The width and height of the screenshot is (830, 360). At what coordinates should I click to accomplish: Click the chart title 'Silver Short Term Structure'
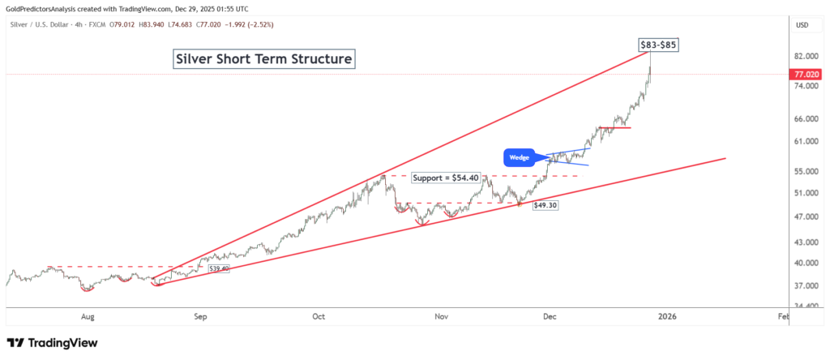click(x=264, y=60)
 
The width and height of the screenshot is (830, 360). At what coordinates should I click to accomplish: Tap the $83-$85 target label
click(x=657, y=45)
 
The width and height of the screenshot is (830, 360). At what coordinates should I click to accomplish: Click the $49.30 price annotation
click(x=545, y=206)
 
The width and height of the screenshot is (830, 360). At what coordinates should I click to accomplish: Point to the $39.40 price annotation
click(x=219, y=268)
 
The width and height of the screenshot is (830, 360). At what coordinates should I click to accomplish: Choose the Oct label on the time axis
click(x=319, y=319)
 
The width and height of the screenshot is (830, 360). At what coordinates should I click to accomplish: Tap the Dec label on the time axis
click(x=549, y=319)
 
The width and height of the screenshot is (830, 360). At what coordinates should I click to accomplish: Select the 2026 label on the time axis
click(x=666, y=319)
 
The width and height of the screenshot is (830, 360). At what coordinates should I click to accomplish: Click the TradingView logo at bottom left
click(x=52, y=343)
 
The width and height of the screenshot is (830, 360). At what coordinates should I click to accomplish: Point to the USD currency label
click(x=802, y=25)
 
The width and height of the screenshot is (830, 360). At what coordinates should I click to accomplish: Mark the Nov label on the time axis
click(x=440, y=319)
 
